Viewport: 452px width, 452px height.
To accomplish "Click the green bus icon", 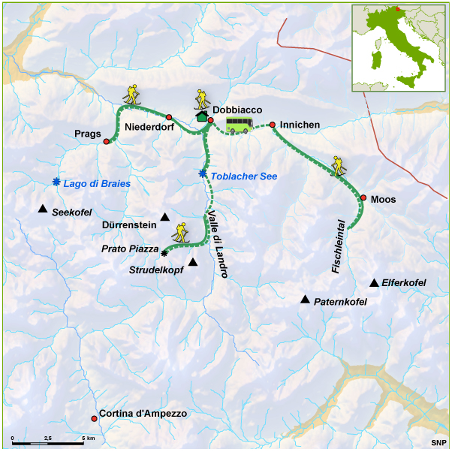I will (x=239, y=125).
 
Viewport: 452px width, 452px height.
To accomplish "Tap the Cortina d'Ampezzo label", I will (x=143, y=414).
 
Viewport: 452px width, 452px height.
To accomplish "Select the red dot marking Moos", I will (x=363, y=198).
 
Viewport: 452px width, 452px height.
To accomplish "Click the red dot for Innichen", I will (x=273, y=125).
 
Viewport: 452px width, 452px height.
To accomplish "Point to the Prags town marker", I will (x=107, y=141).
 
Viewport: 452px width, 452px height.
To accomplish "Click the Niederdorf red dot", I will (x=169, y=117).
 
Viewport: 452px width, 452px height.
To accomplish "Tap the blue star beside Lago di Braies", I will (x=56, y=182).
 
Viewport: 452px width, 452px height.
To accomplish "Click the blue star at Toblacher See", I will (x=202, y=174).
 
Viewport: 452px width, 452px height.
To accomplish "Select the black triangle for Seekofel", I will (x=43, y=209).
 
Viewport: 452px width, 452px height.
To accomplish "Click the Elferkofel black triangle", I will (x=374, y=283).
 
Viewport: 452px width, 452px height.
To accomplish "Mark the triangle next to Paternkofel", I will (x=305, y=300).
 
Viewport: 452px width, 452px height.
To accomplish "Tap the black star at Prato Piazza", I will (x=164, y=254).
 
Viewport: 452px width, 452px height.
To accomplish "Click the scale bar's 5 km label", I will (x=88, y=438).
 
